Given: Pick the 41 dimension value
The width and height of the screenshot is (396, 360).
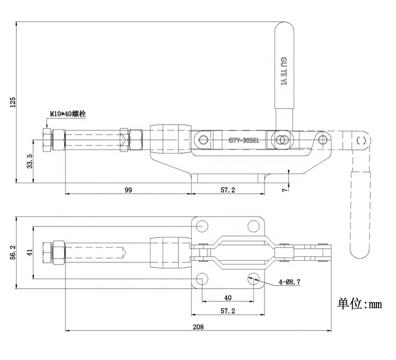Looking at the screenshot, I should [x=30, y=253].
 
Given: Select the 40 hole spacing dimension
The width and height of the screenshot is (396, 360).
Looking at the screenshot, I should [x=228, y=298].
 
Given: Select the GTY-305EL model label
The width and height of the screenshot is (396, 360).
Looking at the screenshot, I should [x=245, y=140].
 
